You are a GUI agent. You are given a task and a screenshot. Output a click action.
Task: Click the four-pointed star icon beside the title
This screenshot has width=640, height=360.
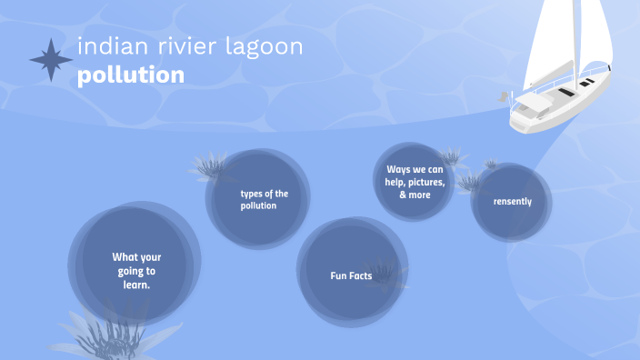coord(51,60)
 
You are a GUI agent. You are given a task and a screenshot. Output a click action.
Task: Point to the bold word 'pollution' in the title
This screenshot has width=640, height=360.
coord(131,75)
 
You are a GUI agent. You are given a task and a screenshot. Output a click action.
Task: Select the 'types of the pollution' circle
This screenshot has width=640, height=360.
coord(259,199)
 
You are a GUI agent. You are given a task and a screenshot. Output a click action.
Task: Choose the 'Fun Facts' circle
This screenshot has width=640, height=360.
coord(351,273)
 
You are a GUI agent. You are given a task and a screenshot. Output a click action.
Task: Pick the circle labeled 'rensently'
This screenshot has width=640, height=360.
coord(512,202)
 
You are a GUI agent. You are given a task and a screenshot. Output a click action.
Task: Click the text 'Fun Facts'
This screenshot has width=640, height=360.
coord(351,275)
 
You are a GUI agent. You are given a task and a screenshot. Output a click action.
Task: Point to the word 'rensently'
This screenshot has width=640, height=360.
coord(513,202)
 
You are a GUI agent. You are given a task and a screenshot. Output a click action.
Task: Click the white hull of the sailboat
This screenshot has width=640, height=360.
coord(545,114)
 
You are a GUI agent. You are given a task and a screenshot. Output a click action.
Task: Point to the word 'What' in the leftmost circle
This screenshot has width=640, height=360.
coord(124,257)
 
